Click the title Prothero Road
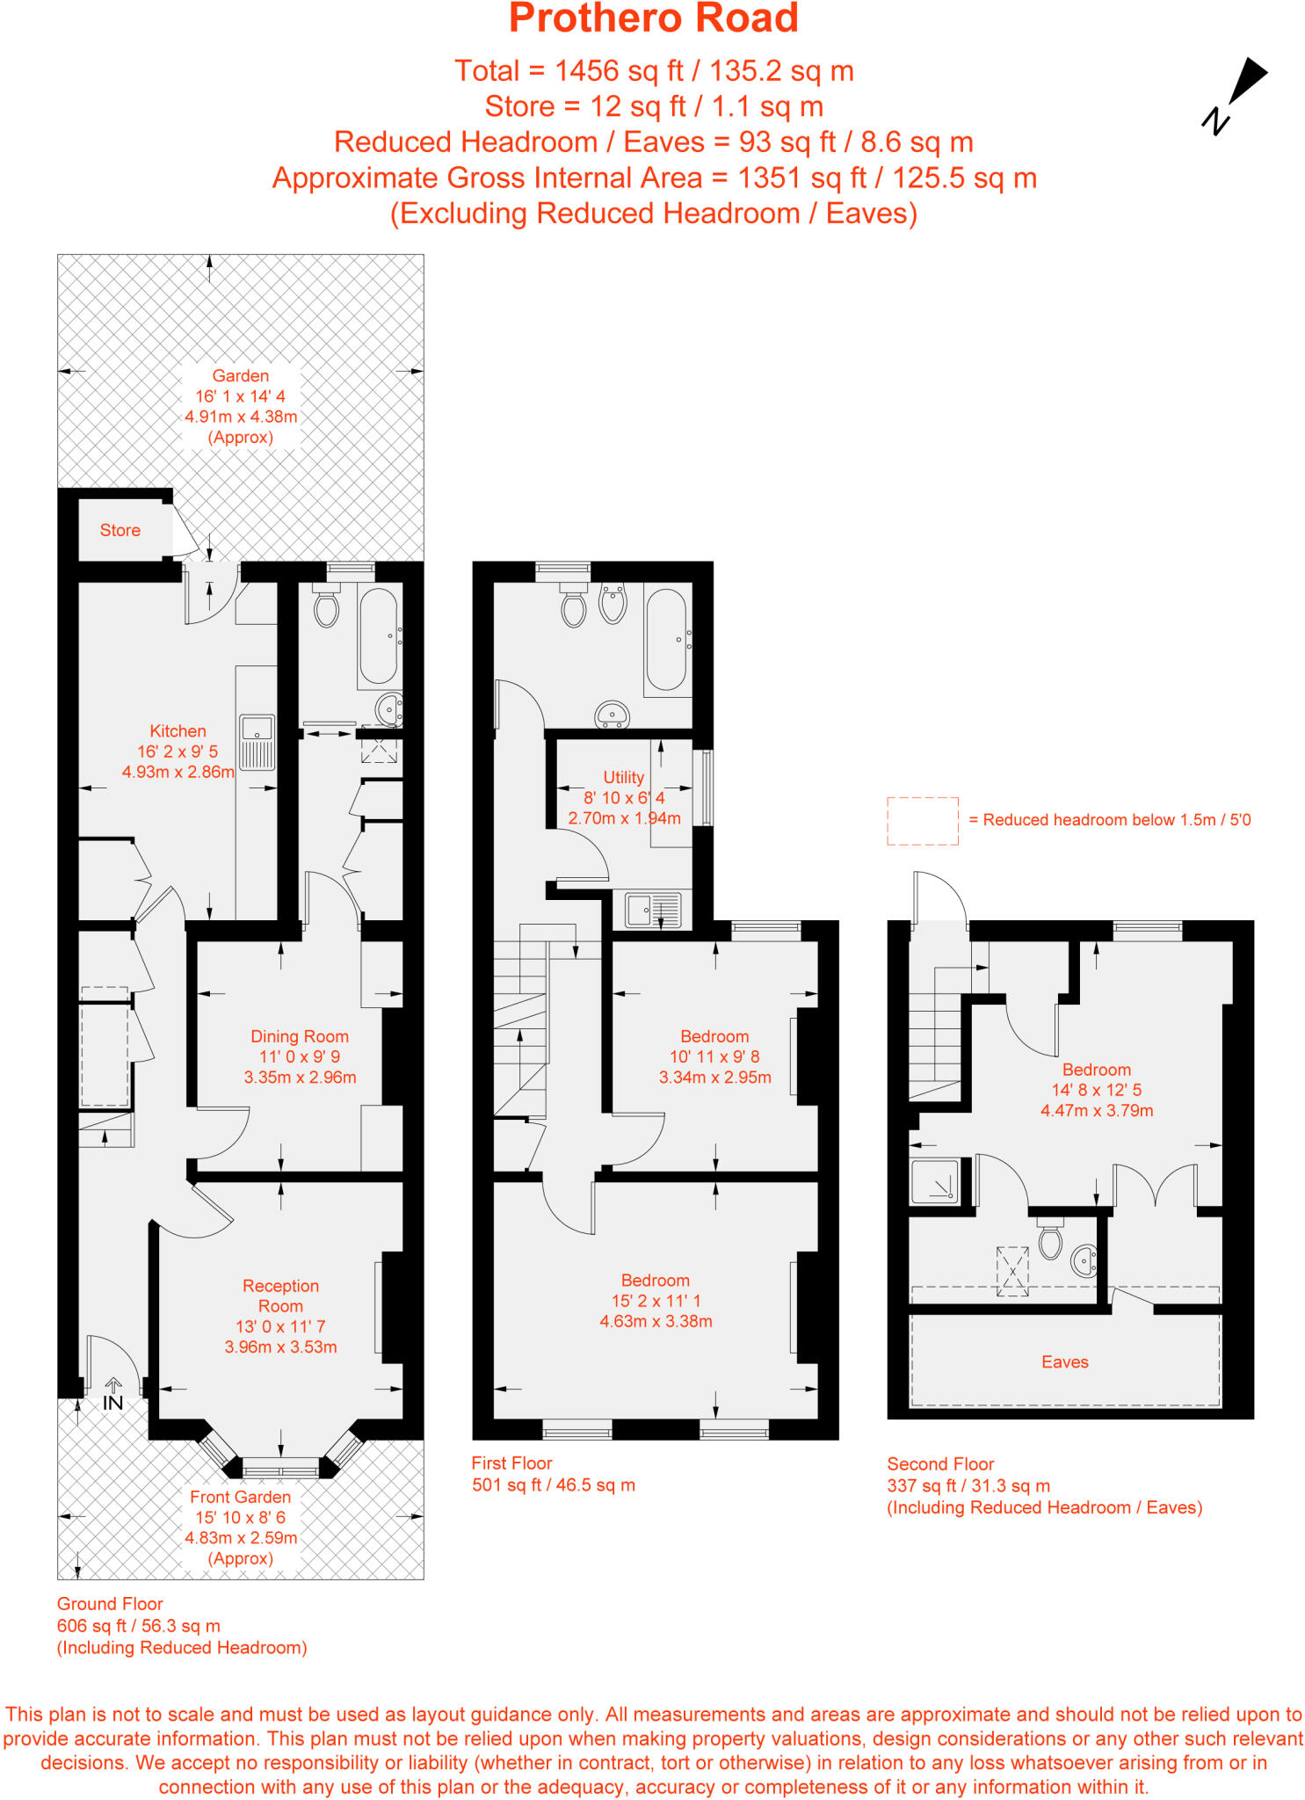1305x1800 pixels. click(653, 19)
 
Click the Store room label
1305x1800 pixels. click(120, 530)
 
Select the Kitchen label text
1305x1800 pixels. click(178, 731)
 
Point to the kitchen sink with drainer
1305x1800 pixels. click(257, 742)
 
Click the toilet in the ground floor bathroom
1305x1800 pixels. click(326, 607)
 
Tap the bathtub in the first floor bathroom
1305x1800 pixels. click(666, 640)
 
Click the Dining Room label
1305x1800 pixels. click(300, 1036)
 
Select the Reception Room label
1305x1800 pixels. click(280, 1296)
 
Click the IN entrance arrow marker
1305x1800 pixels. click(113, 1396)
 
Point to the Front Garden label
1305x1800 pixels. click(240, 1497)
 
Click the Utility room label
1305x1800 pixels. click(623, 777)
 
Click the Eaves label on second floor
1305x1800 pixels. click(1064, 1361)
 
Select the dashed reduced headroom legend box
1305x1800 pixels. click(922, 821)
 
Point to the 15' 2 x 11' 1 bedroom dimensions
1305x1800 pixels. click(656, 1301)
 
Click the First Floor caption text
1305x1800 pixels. click(511, 1463)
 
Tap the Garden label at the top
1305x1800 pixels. click(240, 375)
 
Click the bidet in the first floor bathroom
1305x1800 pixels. click(613, 603)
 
